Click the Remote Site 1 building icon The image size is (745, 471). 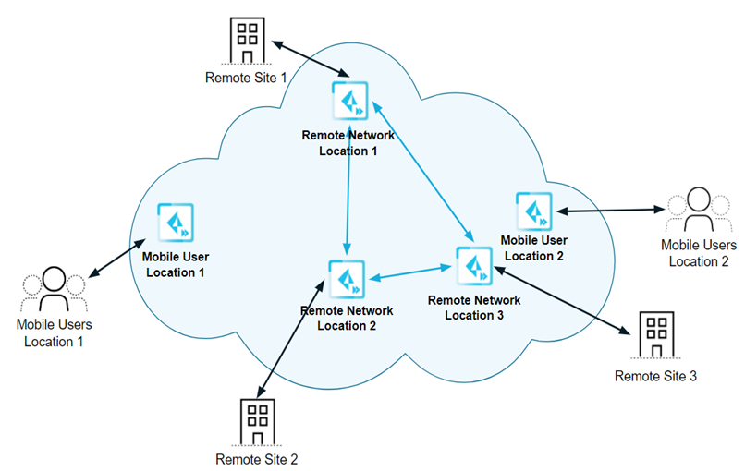click(247, 38)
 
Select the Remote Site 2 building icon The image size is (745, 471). click(257, 421)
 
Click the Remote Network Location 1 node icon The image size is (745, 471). click(349, 101)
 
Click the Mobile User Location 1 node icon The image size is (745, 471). click(175, 222)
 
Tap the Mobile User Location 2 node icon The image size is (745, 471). click(533, 211)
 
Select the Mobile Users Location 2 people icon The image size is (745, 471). click(699, 211)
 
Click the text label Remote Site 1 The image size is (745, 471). click(246, 78)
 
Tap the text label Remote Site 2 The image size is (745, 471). click(257, 458)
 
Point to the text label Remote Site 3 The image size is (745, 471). click(655, 376)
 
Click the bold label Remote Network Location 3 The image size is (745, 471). click(475, 307)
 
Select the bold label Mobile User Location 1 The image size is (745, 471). click(174, 265)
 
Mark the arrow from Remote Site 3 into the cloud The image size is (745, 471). click(560, 299)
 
